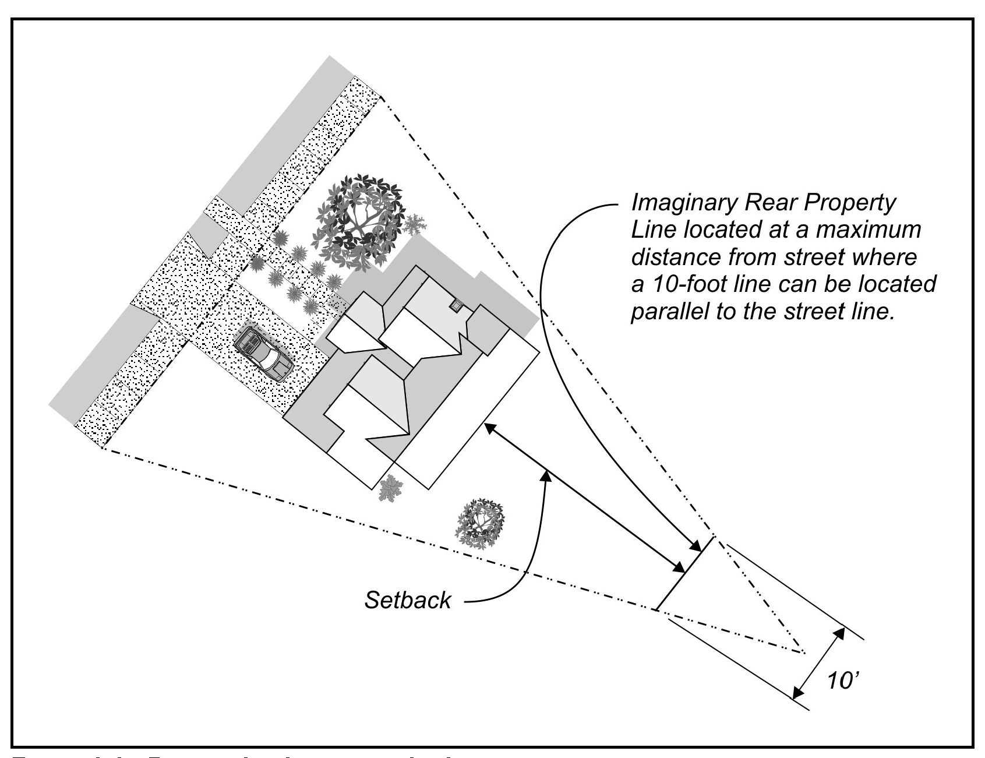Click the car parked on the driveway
pyautogui.click(x=263, y=355)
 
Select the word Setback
pyautogui.click(x=407, y=600)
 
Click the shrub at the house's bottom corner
pyautogui.click(x=387, y=488)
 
